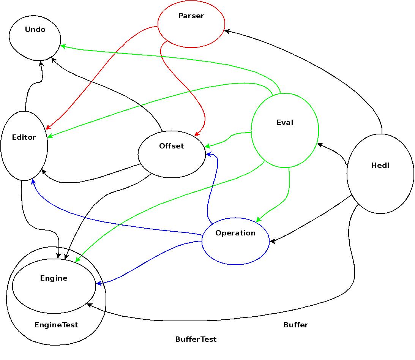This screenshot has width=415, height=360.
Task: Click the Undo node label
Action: (35, 30)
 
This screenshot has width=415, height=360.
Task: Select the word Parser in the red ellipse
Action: (191, 16)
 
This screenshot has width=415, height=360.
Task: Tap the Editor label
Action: (24, 137)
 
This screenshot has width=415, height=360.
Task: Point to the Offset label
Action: (171, 146)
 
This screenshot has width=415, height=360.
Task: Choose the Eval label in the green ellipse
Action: (285, 123)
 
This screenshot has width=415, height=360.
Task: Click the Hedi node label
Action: (380, 166)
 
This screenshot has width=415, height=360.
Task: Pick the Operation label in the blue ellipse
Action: (235, 233)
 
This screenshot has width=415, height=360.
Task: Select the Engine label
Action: (54, 278)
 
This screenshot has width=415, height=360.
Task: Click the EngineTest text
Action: (56, 325)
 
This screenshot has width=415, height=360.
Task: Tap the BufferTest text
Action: (196, 339)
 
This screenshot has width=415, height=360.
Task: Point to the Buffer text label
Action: (296, 325)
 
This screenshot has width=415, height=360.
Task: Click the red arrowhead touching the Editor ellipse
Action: (48, 128)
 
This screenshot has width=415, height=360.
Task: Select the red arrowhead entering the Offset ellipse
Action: (197, 134)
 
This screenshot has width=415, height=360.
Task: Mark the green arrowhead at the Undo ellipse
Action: (63, 46)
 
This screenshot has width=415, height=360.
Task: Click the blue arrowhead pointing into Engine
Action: (99, 283)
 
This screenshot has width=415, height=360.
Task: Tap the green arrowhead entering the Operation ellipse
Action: (259, 219)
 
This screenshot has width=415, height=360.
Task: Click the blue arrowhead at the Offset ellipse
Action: (208, 154)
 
